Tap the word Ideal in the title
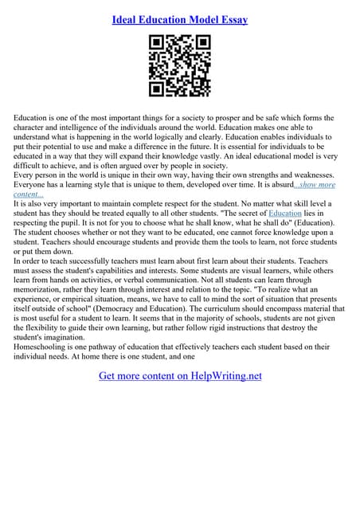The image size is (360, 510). (129, 19)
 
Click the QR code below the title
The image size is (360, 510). (179, 66)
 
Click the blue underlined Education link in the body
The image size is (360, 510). (284, 214)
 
